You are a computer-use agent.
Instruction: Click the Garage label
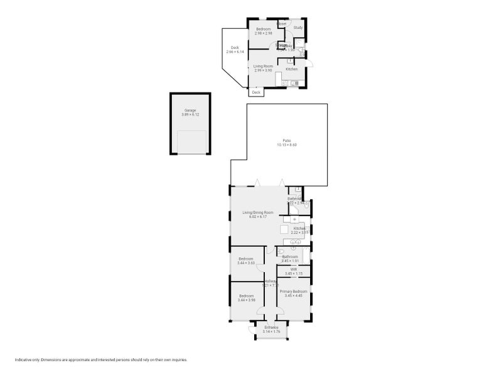click(190, 111)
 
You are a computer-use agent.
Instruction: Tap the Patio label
click(286, 141)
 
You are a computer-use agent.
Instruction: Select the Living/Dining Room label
click(258, 212)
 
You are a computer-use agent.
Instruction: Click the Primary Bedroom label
click(294, 292)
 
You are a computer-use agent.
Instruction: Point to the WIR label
click(294, 269)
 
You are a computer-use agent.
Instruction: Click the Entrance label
click(271, 327)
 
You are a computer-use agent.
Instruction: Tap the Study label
click(298, 27)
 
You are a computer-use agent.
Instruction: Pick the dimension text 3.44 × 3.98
click(246, 300)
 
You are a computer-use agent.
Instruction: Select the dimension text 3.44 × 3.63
click(246, 263)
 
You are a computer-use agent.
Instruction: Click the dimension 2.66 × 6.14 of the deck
click(235, 52)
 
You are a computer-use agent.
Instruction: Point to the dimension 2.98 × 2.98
click(263, 33)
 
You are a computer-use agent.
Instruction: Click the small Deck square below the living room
click(255, 92)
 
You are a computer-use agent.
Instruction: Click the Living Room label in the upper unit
click(263, 66)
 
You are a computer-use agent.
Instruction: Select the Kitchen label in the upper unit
click(292, 69)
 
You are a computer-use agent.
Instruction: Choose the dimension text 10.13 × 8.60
click(286, 145)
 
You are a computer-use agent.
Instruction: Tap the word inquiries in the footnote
click(179, 360)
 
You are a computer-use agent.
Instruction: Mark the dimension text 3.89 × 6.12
click(190, 115)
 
